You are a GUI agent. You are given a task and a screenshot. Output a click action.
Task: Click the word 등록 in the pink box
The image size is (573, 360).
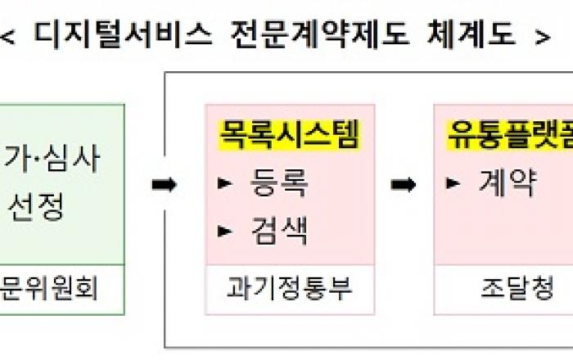pos(279,184)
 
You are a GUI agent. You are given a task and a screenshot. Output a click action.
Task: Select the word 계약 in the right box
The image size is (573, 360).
pos(508,183)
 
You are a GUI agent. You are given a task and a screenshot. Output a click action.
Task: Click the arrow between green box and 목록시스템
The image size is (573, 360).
pos(164,185)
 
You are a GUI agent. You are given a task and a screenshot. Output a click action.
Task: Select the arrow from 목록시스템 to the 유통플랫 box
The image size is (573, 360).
pos(403,185)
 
